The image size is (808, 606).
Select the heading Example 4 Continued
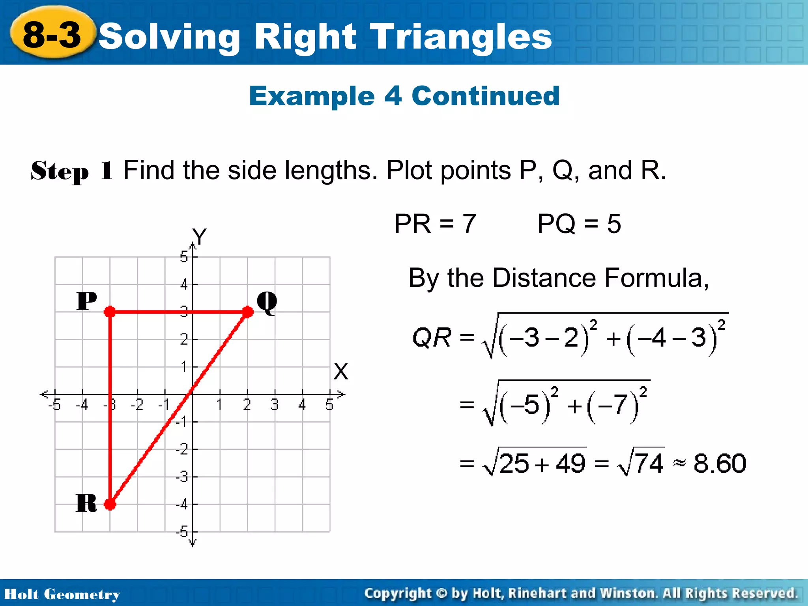point(404,96)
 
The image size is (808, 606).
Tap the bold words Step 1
point(72,171)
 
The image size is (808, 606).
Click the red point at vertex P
point(110,312)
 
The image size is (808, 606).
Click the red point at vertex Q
point(247,312)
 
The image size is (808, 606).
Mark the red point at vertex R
point(110,504)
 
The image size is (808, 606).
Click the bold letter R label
point(86,503)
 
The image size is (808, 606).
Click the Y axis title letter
point(199,237)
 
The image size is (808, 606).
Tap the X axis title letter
point(340,372)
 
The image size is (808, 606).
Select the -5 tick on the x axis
point(54,405)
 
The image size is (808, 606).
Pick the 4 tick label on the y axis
point(184,284)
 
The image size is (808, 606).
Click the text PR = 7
point(435,224)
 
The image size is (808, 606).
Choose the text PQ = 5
point(579,224)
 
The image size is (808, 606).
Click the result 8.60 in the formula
point(720,463)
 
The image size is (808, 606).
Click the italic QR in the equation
point(432,338)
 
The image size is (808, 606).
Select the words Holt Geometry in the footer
point(62,594)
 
